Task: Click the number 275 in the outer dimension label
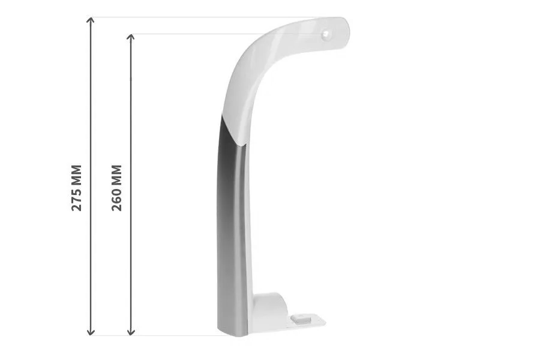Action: point(76,199)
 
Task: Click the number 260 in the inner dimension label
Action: point(117,199)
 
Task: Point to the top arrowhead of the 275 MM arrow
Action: point(91,19)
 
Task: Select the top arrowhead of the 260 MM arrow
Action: point(131,37)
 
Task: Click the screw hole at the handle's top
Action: point(325,34)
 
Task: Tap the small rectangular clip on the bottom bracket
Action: point(301,317)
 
